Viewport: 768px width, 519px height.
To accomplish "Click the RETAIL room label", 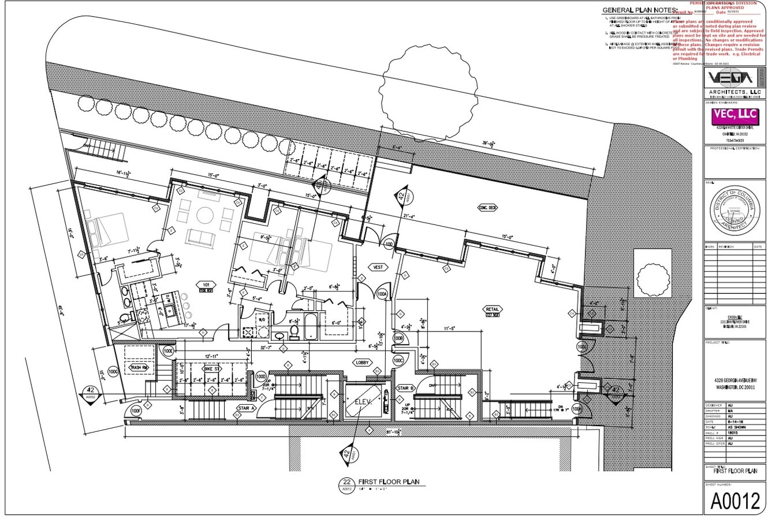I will (x=493, y=309).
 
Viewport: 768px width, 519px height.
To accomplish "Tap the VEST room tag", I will (x=378, y=268).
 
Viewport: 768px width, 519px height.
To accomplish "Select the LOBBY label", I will (x=362, y=362).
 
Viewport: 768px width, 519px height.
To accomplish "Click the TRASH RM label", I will (x=140, y=367).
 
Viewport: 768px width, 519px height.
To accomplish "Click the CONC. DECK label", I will (x=487, y=208).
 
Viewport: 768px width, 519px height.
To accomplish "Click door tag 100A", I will (x=382, y=295).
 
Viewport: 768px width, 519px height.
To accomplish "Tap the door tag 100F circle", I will (x=136, y=411).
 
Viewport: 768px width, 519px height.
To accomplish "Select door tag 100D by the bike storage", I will (x=261, y=377).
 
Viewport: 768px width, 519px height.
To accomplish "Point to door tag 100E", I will (x=169, y=350).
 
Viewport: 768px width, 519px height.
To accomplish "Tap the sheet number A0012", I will (x=735, y=501).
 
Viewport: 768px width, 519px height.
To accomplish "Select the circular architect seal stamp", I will (x=735, y=211).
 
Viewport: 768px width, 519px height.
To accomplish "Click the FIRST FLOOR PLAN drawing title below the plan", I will (x=388, y=482).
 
